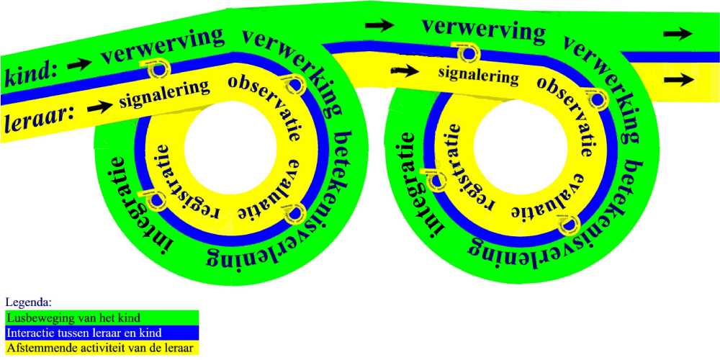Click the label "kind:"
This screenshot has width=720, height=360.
[30, 73]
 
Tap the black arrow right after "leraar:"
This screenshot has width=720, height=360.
[100, 107]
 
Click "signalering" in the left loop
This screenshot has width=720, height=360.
[165, 93]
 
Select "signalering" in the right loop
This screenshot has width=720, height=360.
[478, 74]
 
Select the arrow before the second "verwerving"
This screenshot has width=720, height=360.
[380, 25]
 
